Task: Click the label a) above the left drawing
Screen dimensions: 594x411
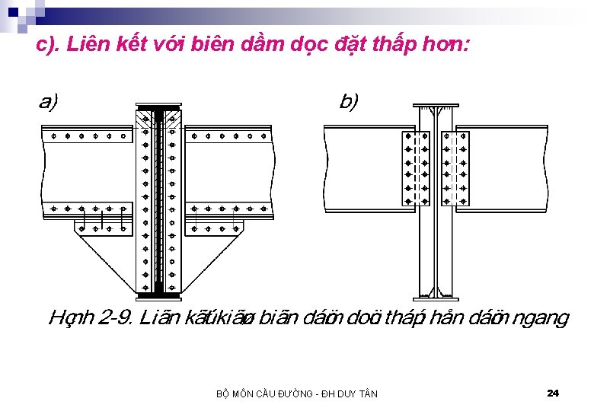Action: [x=48, y=101]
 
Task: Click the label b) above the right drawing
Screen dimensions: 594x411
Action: [x=348, y=101]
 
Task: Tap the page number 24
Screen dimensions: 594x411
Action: [x=553, y=393]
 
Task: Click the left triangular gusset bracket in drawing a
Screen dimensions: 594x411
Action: [x=110, y=255]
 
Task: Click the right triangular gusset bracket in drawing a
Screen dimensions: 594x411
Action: [x=207, y=255]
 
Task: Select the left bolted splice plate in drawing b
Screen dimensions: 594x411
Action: [x=416, y=168]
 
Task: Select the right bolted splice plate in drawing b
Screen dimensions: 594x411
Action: [x=455, y=168]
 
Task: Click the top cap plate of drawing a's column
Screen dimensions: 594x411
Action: [x=158, y=106]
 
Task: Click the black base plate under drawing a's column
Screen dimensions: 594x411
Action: [x=158, y=295]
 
